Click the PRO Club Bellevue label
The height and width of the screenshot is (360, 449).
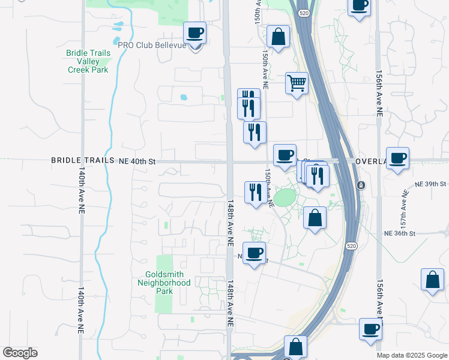[153, 46]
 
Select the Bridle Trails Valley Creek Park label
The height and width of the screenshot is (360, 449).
[88, 61]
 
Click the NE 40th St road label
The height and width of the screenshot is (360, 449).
[137, 161]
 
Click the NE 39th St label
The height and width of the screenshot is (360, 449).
[431, 184]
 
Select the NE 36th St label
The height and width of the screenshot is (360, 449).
[400, 234]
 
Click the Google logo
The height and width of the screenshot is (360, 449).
[20, 353]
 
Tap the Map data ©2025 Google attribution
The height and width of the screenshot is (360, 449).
[412, 355]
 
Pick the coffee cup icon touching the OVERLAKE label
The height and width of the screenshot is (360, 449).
[397, 158]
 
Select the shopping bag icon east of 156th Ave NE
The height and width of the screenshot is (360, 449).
[432, 280]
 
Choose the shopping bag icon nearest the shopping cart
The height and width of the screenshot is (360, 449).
[279, 37]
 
